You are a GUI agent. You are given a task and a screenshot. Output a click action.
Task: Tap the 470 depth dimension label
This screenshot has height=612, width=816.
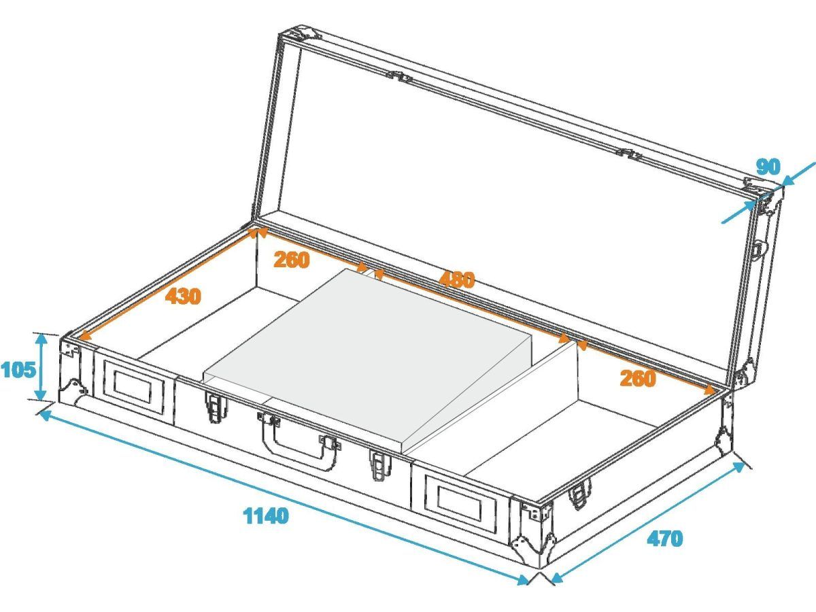[665, 538]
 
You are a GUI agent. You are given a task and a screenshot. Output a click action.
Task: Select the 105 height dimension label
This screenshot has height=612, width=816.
[18, 370]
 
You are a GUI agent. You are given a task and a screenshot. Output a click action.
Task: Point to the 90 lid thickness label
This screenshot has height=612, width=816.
[768, 167]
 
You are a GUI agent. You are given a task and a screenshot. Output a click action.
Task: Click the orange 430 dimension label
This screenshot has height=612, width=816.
[183, 296]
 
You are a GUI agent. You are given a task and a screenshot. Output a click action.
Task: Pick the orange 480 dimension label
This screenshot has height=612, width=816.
[457, 279]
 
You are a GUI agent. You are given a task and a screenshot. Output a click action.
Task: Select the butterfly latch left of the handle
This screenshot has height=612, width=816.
[214, 407]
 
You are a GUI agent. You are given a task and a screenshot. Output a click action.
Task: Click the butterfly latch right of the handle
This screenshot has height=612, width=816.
[381, 465]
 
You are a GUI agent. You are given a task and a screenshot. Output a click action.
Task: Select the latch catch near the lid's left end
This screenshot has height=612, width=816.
[399, 77]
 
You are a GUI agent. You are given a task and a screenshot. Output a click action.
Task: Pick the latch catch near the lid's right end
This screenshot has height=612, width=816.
[630, 154]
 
